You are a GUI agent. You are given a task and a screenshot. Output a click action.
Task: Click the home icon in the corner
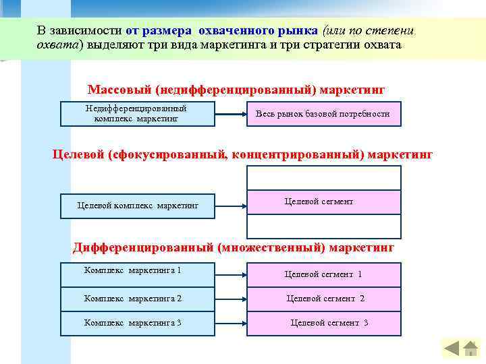[470, 348]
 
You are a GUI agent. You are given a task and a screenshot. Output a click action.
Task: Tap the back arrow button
[451, 348]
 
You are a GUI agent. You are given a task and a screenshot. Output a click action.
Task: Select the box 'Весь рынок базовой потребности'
[323, 114]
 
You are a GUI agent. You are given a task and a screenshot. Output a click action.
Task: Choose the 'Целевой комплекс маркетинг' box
[138, 205]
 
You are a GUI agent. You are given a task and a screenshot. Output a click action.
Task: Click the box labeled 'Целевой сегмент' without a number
[323, 202]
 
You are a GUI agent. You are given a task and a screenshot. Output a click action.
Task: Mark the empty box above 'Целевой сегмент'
[323, 178]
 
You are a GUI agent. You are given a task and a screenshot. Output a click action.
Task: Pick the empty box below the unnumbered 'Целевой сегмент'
[323, 226]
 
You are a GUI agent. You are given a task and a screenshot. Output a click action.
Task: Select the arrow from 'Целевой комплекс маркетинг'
[232, 205]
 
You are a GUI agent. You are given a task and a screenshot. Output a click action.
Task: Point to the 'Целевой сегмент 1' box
[323, 274]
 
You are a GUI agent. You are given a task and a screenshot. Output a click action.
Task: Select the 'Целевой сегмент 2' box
[323, 299]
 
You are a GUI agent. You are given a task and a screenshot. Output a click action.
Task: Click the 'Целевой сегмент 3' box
[323, 323]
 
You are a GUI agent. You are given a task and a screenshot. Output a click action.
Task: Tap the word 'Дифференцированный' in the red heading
[143, 247]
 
